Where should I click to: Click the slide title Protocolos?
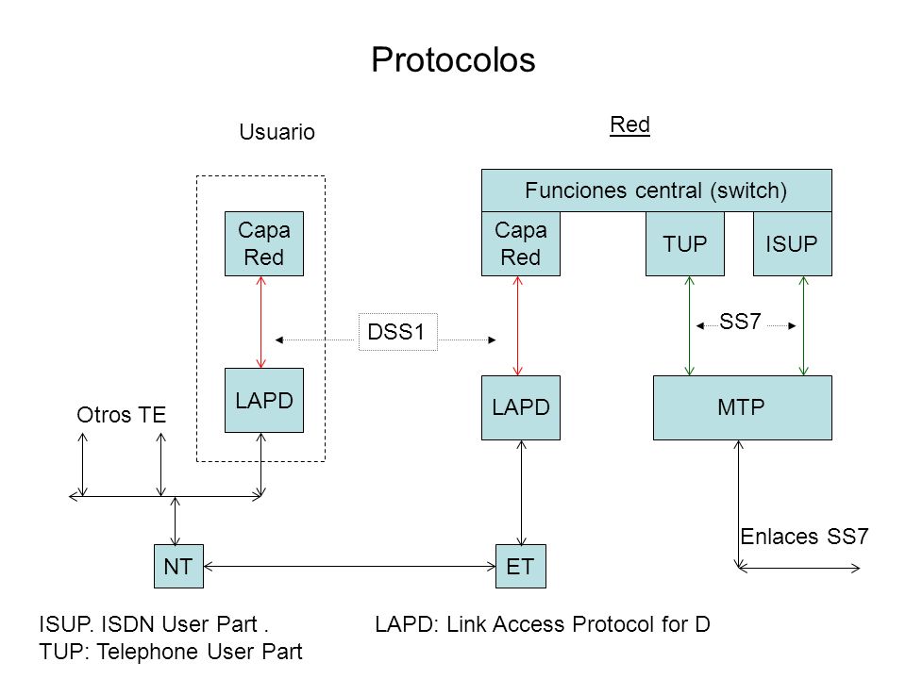(453, 59)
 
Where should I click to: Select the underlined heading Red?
(629, 124)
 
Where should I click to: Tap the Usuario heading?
(277, 132)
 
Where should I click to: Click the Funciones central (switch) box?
(657, 190)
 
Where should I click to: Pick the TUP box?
(685, 243)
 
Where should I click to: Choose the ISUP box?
(792, 243)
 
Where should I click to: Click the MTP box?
(743, 407)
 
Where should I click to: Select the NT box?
(178, 567)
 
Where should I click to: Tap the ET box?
(521, 567)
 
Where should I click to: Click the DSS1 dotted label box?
(398, 332)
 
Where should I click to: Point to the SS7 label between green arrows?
(740, 322)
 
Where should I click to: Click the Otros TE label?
(122, 415)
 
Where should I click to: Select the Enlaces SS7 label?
(804, 537)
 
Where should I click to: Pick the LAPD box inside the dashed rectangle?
(264, 400)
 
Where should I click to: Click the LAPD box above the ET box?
(521, 407)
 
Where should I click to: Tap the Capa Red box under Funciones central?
(521, 243)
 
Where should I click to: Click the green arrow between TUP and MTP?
(689, 325)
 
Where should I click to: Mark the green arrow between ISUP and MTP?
(804, 325)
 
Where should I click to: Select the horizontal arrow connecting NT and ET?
(349, 567)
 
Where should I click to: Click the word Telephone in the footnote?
(148, 652)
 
